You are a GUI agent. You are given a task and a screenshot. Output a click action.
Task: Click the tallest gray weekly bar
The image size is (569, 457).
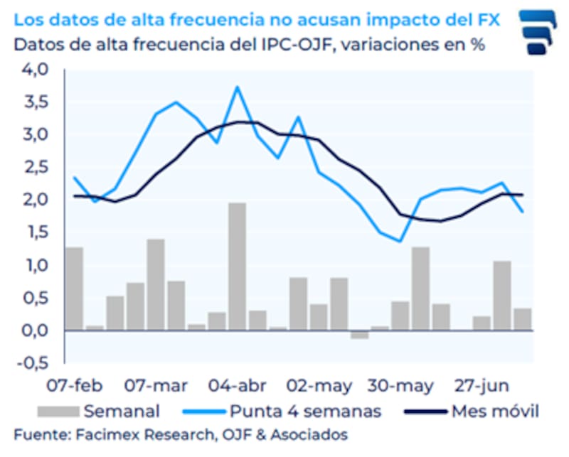coord(237,267)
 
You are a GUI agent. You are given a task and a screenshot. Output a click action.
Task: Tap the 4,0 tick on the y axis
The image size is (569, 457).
coord(36,70)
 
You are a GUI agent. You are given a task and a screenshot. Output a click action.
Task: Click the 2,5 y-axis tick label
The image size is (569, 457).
coord(36,167)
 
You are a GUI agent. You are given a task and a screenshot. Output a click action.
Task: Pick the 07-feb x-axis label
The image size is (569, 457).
coord(75,386)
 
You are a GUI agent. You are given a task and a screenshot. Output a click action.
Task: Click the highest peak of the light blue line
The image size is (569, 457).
coord(237,87)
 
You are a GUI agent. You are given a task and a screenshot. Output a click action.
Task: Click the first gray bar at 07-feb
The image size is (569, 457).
coord(75,289)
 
